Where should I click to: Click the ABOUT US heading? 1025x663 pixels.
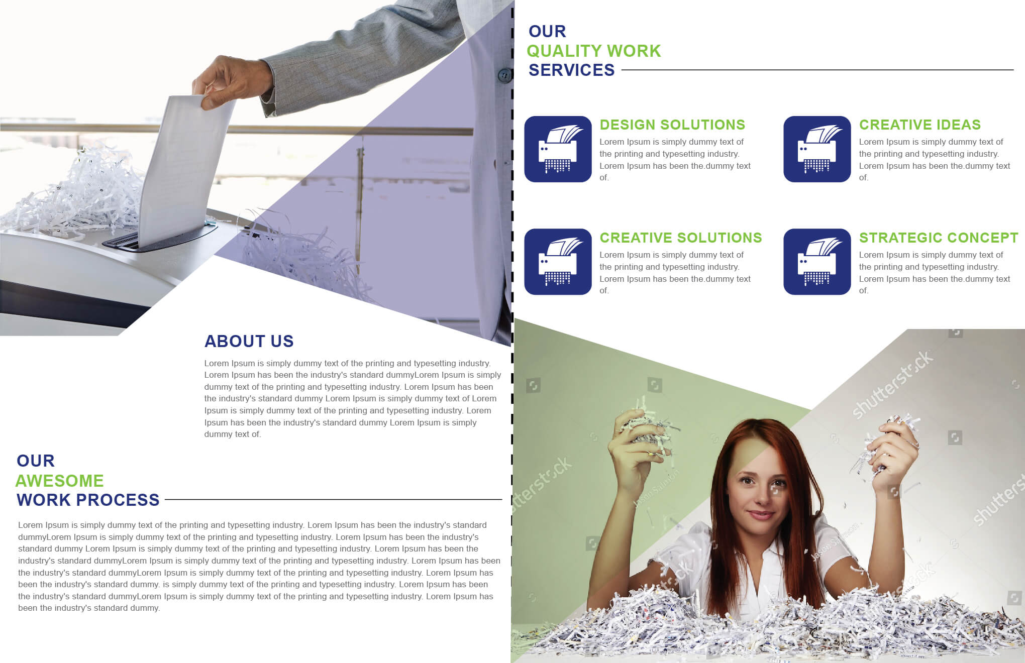249,342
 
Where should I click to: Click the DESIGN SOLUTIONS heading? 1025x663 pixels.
672,125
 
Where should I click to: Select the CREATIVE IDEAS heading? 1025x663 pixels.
919,125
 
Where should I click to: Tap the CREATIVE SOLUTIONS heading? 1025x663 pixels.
681,238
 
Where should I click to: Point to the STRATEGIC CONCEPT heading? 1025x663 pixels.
939,238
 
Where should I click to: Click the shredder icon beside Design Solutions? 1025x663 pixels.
558,149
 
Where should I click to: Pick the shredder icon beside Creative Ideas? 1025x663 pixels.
817,149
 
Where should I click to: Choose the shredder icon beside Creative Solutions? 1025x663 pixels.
558,262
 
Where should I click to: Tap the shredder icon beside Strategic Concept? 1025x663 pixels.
817,262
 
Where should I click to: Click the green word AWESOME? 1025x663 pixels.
59,481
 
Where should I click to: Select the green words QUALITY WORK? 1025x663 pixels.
593,51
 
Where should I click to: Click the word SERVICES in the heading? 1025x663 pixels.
571,70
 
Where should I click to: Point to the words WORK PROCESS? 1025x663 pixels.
88,500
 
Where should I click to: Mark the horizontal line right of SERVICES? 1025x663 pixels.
817,70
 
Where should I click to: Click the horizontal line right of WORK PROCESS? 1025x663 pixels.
333,500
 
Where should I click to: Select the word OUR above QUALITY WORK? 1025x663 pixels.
547,31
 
